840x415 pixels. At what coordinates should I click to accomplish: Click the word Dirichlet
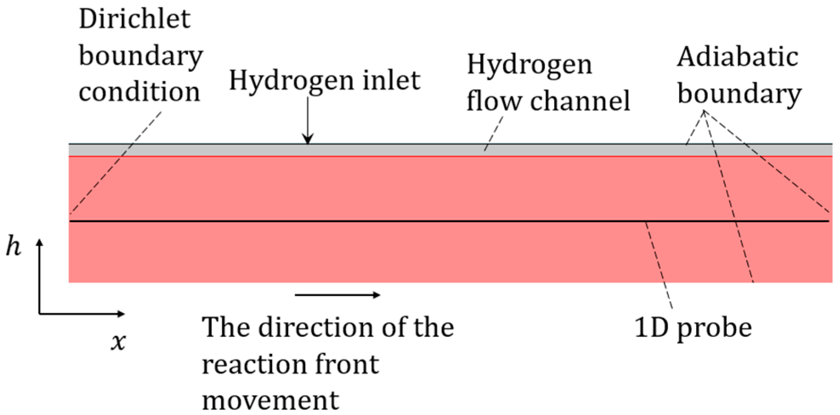(x=135, y=20)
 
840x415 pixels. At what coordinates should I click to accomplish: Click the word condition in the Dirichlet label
(x=139, y=92)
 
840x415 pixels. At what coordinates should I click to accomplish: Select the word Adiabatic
(x=737, y=57)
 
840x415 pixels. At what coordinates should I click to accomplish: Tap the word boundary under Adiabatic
(x=739, y=94)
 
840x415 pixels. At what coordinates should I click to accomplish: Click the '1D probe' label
(x=693, y=328)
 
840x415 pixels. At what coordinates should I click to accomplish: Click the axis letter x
(x=118, y=342)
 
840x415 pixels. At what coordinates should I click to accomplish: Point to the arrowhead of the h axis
(x=39, y=242)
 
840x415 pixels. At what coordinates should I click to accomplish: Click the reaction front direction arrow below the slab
(x=338, y=295)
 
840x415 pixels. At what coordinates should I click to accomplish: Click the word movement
(x=270, y=401)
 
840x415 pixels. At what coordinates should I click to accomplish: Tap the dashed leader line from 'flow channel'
(x=493, y=134)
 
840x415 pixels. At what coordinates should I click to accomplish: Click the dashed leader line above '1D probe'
(x=659, y=265)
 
